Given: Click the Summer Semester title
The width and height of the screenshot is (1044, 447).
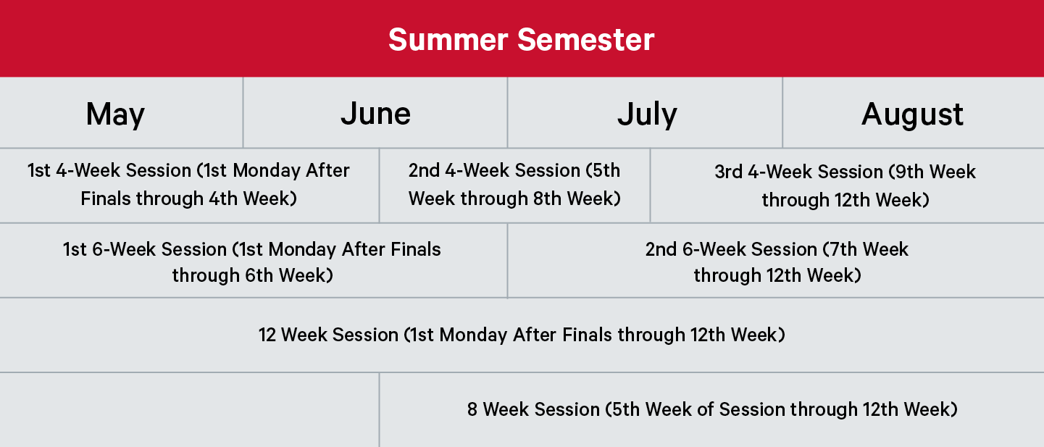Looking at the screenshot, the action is pos(521,39).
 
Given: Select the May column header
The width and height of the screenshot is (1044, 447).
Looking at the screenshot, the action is pos(115,114).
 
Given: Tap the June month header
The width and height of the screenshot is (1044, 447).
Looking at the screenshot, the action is pos(376,113).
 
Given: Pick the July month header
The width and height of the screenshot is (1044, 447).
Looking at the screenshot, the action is pos(647,114).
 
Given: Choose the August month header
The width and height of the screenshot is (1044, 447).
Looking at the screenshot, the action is pos(912,114).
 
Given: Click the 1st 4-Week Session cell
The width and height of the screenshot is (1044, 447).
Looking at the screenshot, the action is pos(189,185).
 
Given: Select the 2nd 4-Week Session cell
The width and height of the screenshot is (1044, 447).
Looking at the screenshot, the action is pos(514,185).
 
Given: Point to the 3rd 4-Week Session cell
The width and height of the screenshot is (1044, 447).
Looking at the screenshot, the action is pos(845,185).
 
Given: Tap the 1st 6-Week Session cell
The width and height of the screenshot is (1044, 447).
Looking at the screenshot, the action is pos(252,262).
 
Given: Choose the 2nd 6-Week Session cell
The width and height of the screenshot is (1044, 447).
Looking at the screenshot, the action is pos(777,262).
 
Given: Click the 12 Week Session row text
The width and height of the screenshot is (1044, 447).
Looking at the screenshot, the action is pos(522,335).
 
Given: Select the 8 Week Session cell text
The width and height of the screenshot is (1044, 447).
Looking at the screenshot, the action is pos(712,409).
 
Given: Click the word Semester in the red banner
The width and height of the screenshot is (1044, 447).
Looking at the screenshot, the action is pos(586,39).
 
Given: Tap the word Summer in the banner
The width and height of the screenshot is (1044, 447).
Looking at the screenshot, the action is pos(448,39).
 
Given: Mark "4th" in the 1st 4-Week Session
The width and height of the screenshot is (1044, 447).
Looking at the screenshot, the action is pos(223,199).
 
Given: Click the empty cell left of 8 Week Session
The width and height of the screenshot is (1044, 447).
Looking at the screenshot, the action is pos(189,410).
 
